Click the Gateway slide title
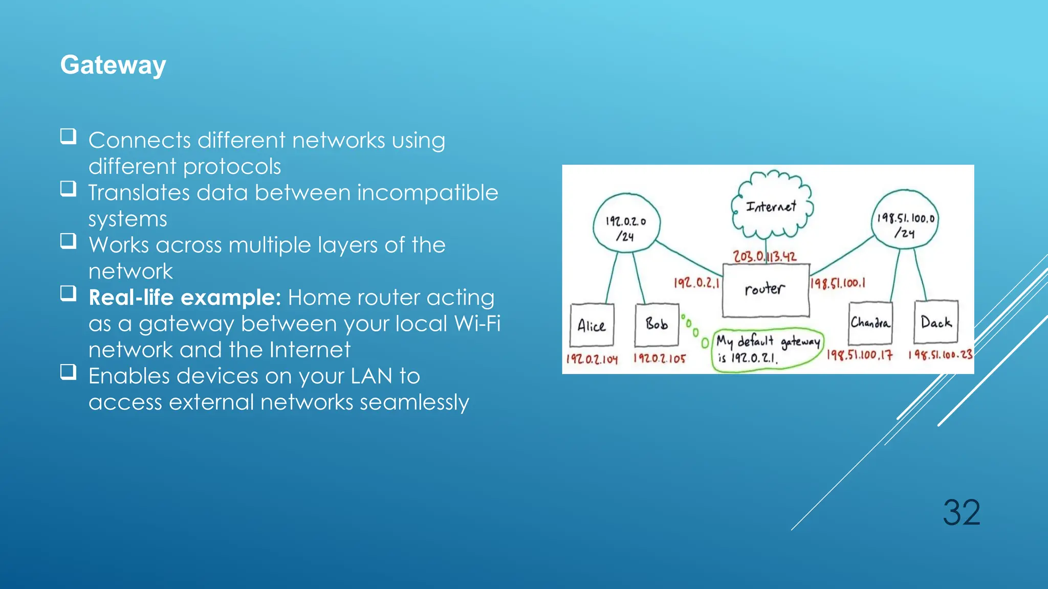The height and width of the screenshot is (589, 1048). tap(113, 65)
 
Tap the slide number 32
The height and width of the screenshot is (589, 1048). tap(961, 512)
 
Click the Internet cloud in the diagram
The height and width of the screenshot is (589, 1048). tap(771, 206)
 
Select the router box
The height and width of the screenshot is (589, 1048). tap(766, 290)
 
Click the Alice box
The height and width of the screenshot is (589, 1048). tap(592, 325)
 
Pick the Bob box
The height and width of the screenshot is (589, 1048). tap(657, 324)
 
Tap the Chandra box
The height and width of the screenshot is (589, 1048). tap(870, 323)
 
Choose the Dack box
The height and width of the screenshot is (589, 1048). tap(935, 322)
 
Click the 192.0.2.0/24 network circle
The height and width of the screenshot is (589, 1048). tap(626, 223)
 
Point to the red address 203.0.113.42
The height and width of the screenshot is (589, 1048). tap(765, 256)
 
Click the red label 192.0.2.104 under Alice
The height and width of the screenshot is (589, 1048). tap(592, 359)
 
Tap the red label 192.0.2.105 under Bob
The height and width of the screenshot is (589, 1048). tap(660, 358)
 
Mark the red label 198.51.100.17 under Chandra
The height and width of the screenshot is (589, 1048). tap(860, 355)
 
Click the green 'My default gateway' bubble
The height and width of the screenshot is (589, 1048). tap(768, 349)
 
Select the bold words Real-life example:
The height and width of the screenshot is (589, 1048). tap(185, 298)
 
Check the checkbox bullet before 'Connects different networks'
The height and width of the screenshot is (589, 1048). tap(69, 137)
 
